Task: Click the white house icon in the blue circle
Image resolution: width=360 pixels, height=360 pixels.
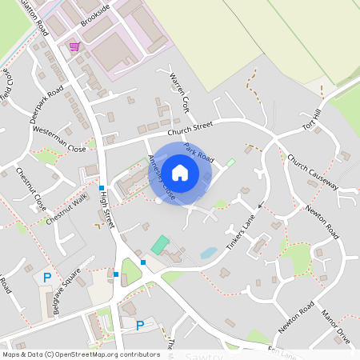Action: point(180,172)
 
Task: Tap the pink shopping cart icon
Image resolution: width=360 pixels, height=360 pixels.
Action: point(74,46)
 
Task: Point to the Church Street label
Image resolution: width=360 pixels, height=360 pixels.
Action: point(190,128)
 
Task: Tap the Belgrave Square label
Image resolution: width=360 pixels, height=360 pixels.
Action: point(64,289)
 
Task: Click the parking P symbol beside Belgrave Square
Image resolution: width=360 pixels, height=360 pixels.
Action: point(46,278)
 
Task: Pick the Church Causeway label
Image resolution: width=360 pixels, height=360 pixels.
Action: point(313,172)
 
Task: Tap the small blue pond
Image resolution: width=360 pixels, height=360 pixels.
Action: point(208,253)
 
